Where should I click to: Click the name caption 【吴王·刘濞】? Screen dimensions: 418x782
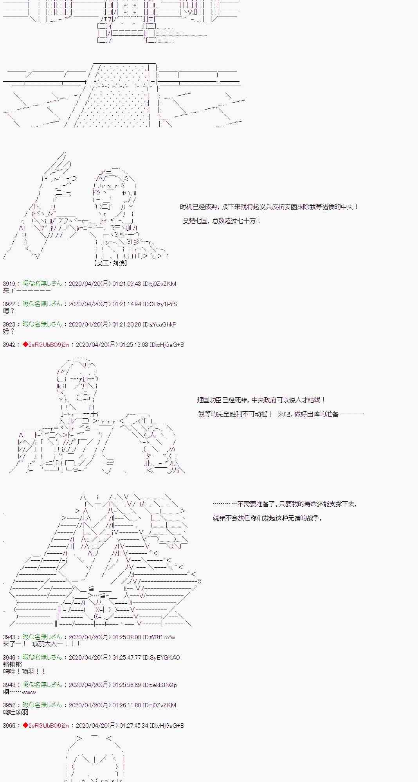(x=111, y=263)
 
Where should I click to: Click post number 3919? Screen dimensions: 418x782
(x=9, y=283)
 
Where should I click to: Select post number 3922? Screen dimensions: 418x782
(x=9, y=304)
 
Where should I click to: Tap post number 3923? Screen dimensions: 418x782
(x=9, y=324)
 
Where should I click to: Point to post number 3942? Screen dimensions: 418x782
(x=9, y=344)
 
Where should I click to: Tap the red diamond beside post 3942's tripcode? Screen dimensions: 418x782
(x=25, y=344)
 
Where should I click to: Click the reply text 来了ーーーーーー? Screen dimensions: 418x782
(x=27, y=291)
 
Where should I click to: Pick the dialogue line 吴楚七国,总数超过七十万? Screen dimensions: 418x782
(x=222, y=221)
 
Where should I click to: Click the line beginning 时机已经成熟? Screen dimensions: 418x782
(x=269, y=207)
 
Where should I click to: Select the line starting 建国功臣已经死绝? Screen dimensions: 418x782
(x=261, y=400)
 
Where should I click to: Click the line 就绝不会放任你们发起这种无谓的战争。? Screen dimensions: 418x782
(x=268, y=518)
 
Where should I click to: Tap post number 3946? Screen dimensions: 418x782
(x=9, y=657)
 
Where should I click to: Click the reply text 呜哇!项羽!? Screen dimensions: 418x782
(x=24, y=671)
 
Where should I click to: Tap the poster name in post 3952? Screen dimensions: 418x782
(x=42, y=705)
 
